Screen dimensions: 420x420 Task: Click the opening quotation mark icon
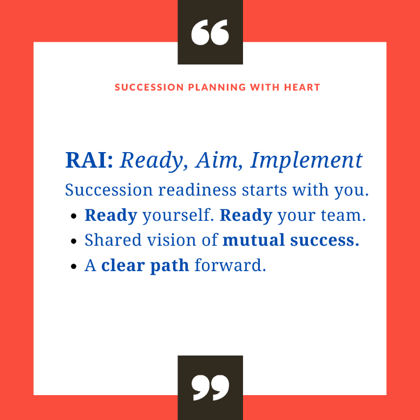[210, 32]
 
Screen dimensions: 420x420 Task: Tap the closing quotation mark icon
[210, 388]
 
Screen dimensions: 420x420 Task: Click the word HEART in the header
[302, 87]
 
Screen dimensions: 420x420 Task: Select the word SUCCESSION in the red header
[149, 87]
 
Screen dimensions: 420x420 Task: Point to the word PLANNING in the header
[216, 87]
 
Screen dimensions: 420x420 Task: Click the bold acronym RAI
[89, 160]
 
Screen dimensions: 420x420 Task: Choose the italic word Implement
[306, 161]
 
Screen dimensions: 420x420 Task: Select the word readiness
[197, 190]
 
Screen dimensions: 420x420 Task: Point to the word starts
[264, 190]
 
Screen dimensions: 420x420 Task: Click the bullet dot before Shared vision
[74, 241]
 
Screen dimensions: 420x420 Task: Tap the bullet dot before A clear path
[74, 266]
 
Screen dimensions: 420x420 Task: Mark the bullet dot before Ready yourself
[74, 216]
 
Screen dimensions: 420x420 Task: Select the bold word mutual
[253, 240]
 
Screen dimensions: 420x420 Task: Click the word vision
[172, 240]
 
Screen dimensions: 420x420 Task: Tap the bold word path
[169, 266]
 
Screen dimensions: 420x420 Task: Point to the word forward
[230, 265]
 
